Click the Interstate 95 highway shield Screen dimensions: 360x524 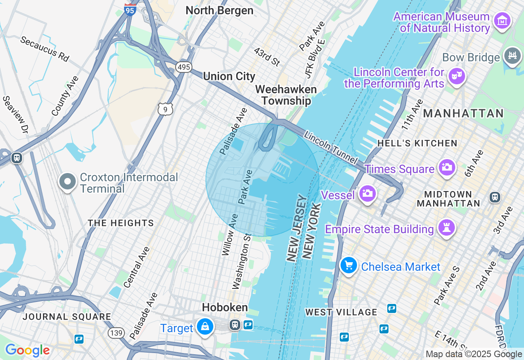[130, 9]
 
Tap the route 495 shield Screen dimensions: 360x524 [184, 67]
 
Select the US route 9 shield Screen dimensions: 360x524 [165, 109]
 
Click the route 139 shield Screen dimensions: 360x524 [116, 333]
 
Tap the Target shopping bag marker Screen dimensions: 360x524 [205, 327]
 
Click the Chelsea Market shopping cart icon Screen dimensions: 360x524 [349, 266]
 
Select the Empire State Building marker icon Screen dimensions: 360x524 [446, 228]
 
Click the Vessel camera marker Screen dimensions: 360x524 [367, 194]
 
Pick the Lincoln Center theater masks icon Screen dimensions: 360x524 [456, 76]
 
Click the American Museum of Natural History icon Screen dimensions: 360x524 [502, 20]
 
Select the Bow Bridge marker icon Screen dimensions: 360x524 [513, 56]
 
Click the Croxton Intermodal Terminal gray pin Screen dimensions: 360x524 [68, 182]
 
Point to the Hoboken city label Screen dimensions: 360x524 [225, 308]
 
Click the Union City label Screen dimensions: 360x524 [229, 76]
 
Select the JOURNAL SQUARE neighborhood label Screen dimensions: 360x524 [67, 317]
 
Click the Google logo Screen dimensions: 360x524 [27, 350]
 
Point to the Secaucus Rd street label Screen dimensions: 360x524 [44, 49]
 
